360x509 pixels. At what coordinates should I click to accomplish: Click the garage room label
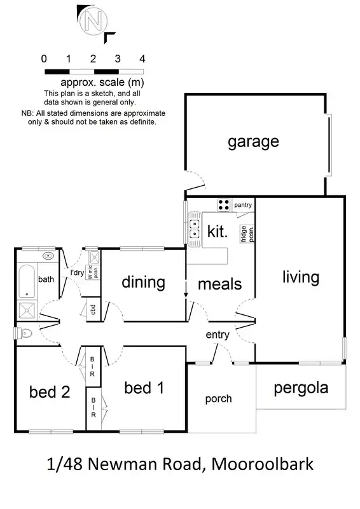click(x=253, y=141)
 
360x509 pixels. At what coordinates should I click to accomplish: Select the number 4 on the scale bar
click(x=142, y=59)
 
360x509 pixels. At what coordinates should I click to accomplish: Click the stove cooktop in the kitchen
click(x=224, y=204)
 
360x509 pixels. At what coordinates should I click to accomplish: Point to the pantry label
click(x=243, y=205)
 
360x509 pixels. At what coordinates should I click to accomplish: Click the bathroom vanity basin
click(x=48, y=256)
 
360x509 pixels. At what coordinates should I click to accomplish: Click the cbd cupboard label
click(x=92, y=310)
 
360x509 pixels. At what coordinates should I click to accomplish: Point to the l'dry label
click(x=77, y=273)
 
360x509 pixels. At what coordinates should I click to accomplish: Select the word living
click(x=300, y=277)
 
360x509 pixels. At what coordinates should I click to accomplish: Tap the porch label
click(x=218, y=399)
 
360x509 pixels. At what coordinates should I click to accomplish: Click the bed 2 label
click(x=49, y=392)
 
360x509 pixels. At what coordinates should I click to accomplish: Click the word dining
click(x=143, y=282)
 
